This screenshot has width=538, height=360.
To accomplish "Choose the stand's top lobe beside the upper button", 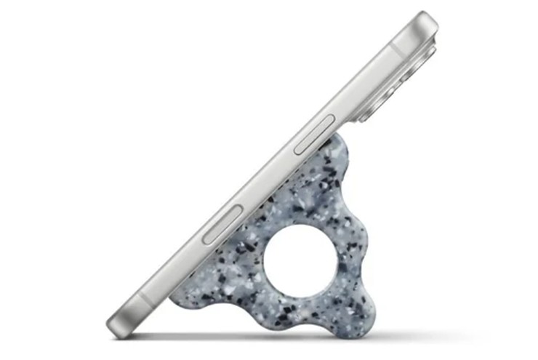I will (336, 156).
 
